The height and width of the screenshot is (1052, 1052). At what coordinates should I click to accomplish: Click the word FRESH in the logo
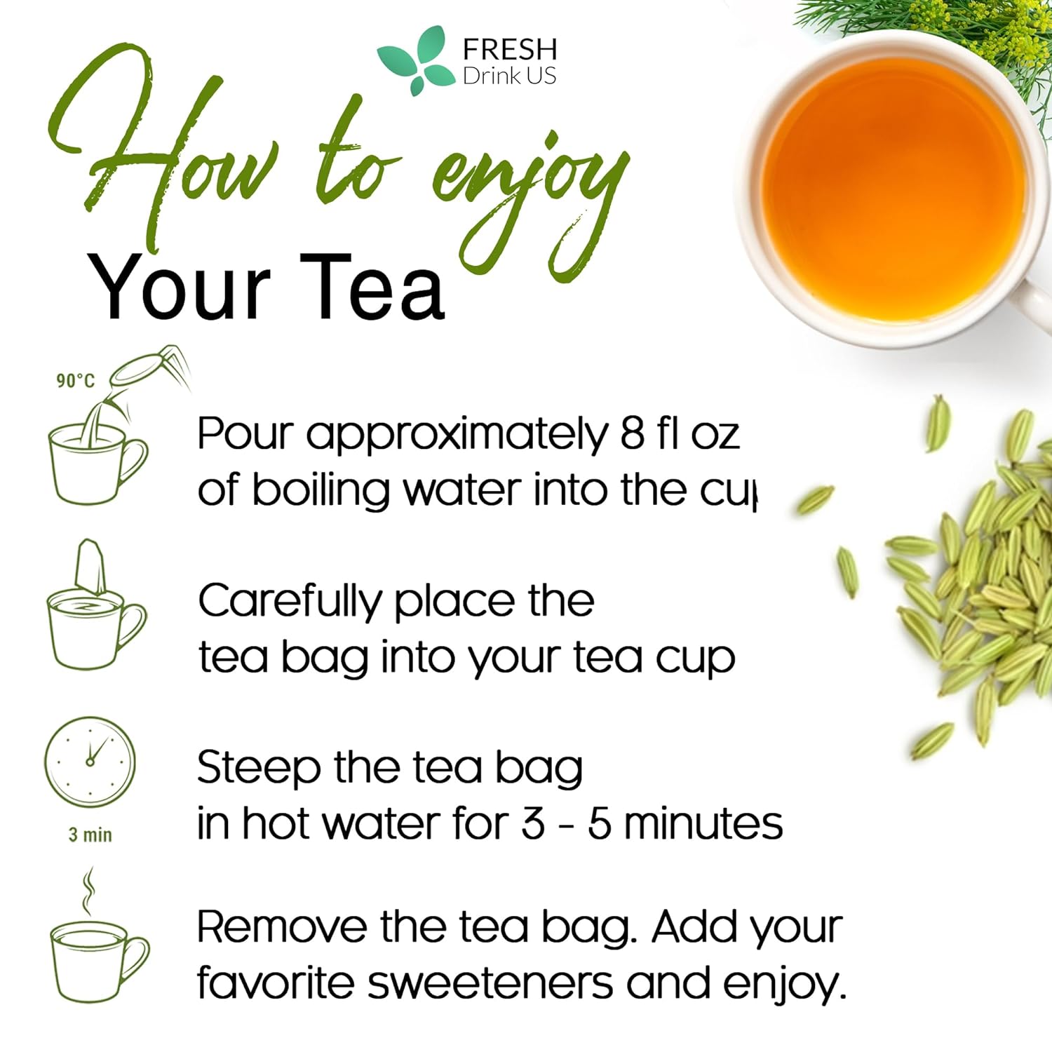[x=510, y=50]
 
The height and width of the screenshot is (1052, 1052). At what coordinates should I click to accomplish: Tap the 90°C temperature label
[x=75, y=380]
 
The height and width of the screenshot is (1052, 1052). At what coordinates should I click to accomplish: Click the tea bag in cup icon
[x=95, y=607]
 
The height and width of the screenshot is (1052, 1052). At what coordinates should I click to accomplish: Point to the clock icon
[x=90, y=762]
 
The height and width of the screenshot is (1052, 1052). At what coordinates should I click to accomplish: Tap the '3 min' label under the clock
[x=90, y=835]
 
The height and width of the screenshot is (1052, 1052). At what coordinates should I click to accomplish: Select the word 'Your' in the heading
[x=179, y=288]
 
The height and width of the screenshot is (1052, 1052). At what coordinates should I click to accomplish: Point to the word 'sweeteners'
[x=490, y=983]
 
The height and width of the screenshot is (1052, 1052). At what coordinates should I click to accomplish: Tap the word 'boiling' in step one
[x=320, y=490]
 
